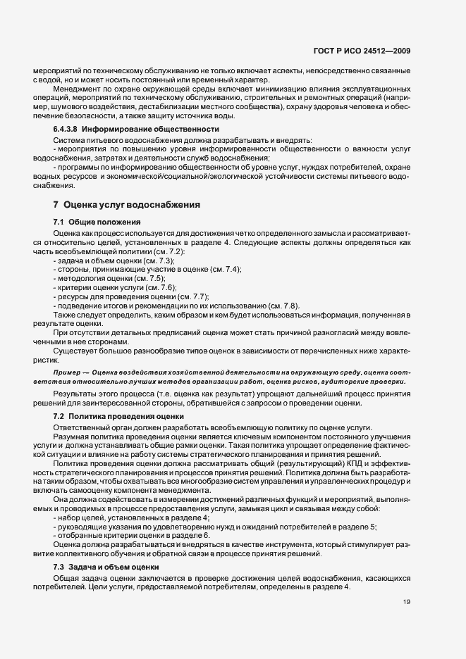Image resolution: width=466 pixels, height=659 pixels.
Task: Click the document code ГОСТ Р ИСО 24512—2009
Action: (372, 51)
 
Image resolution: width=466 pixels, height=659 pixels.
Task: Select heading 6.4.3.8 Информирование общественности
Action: (116, 130)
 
